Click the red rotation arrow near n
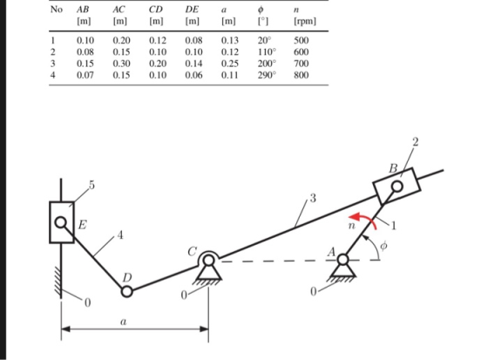(x=367, y=218)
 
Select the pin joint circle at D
(x=126, y=292)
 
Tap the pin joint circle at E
(x=60, y=222)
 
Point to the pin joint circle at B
(x=396, y=187)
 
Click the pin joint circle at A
(x=342, y=260)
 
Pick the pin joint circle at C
(x=208, y=261)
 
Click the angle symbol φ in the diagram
(x=383, y=246)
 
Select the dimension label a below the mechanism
(x=124, y=322)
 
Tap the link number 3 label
(x=313, y=198)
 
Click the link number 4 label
(x=120, y=234)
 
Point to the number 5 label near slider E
(x=91, y=185)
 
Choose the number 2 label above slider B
(x=416, y=142)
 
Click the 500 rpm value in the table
(x=301, y=40)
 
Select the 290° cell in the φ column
(x=267, y=75)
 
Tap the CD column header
(x=156, y=10)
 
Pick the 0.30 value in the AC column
(x=121, y=64)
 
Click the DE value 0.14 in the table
(x=193, y=64)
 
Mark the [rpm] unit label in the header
(x=305, y=21)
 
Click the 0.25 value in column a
(x=230, y=64)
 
